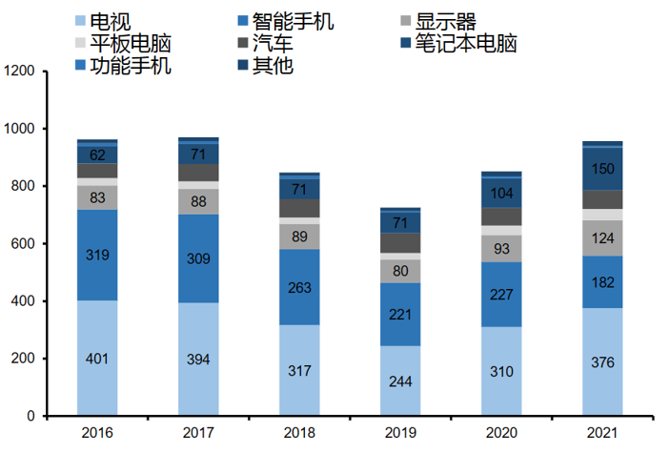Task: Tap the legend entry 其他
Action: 273,66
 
